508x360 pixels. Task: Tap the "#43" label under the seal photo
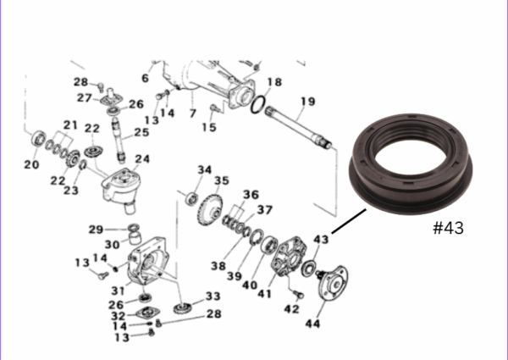449,228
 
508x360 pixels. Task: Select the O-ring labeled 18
258,104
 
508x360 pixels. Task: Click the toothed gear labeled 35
210,210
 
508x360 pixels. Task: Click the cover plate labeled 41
290,256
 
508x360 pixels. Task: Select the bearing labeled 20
39,138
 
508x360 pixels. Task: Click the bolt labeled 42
298,294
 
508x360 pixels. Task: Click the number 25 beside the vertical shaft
141,132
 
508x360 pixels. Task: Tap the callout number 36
251,195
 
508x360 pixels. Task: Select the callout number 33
213,296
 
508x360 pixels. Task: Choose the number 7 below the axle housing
193,114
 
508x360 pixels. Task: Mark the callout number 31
118,291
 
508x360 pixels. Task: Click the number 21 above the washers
70,125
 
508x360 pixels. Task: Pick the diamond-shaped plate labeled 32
147,313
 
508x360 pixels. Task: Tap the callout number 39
235,276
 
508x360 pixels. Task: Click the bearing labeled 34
192,198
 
